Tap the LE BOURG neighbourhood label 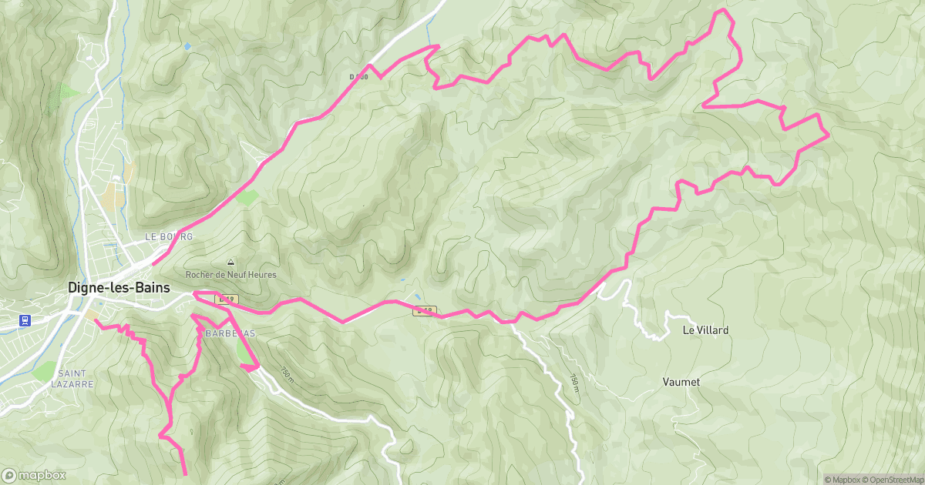[x=168, y=236]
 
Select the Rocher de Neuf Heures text [x=230, y=275]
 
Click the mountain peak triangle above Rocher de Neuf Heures [x=230, y=263]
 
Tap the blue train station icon [x=25, y=319]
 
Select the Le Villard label [x=705, y=330]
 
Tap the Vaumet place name [x=681, y=382]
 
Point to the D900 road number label [x=359, y=77]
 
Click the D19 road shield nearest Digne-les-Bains [x=226, y=299]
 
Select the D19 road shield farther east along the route [x=424, y=311]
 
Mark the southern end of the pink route [x=186, y=473]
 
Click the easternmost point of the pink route [x=828, y=135]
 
